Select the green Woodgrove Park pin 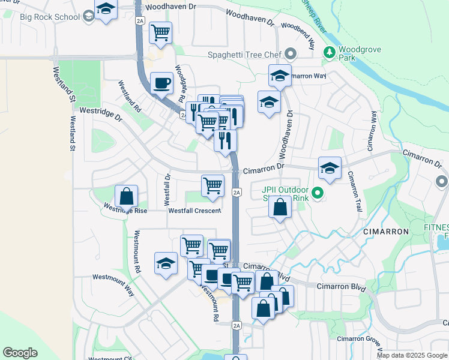pyautogui.click(x=329, y=53)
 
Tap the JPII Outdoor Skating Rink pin pyautogui.click(x=318, y=193)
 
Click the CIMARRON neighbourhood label pyautogui.click(x=385, y=231)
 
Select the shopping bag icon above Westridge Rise pyautogui.click(x=127, y=196)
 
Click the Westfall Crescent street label pyautogui.click(x=194, y=211)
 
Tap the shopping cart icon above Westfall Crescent pyautogui.click(x=212, y=185)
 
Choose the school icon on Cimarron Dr pyautogui.click(x=330, y=169)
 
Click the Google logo pyautogui.click(x=20, y=353)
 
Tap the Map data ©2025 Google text pyautogui.click(x=411, y=355)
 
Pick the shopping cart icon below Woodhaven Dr pyautogui.click(x=160, y=32)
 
